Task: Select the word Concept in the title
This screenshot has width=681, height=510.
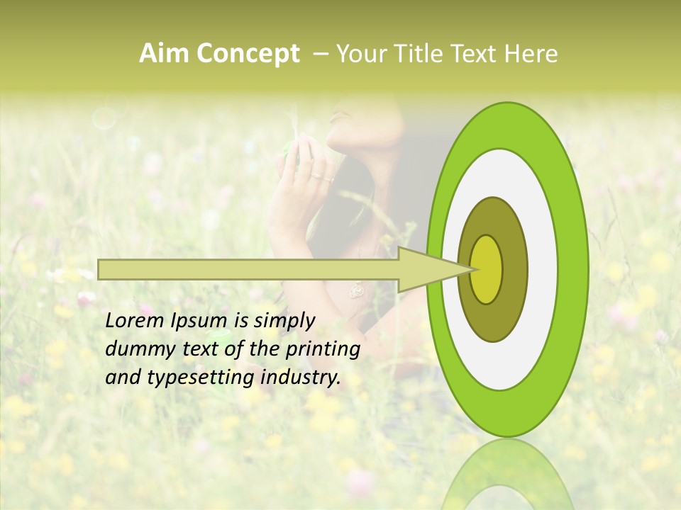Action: coord(248,54)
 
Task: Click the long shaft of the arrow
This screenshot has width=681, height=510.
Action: coord(248,269)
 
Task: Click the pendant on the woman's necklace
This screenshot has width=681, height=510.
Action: coord(357,290)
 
